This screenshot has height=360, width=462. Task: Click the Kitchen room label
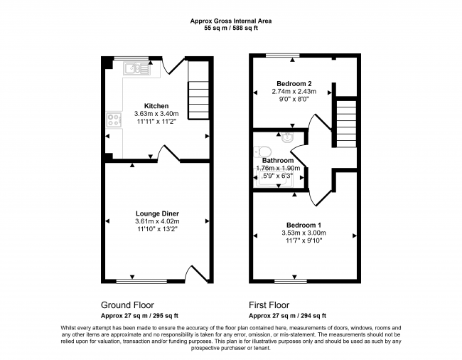click(156, 106)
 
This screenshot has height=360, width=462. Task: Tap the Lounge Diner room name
click(157, 213)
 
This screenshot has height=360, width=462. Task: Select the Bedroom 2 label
click(294, 84)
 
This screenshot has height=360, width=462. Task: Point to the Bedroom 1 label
click(303, 226)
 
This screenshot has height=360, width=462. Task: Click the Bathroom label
click(278, 160)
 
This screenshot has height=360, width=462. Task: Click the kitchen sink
click(136, 69)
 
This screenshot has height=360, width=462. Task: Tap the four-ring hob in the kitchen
click(114, 120)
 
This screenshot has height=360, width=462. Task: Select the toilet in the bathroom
click(262, 152)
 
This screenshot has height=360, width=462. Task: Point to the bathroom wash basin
click(286, 137)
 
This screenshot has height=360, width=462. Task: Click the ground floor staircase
click(198, 90)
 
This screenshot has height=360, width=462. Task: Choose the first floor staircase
click(346, 123)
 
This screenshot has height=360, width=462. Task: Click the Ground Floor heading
click(127, 305)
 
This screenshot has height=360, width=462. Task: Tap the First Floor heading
click(269, 305)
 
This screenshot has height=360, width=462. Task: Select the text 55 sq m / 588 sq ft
click(231, 28)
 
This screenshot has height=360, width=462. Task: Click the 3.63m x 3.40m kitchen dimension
click(156, 114)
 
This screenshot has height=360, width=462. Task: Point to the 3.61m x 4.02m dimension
click(157, 221)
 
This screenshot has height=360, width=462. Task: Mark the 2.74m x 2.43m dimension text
click(294, 91)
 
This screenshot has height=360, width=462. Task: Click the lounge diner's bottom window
click(141, 281)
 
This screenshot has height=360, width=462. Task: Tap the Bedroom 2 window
click(283, 55)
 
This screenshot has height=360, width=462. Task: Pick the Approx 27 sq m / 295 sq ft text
click(139, 316)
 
